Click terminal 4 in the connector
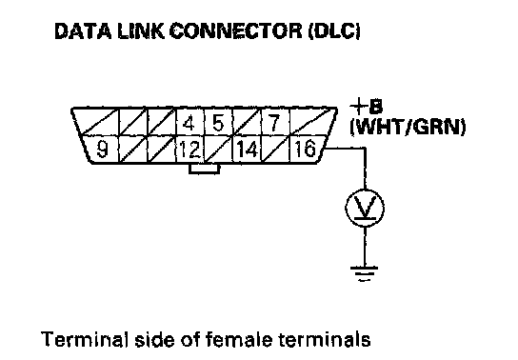point(189,122)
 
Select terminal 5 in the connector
point(218,122)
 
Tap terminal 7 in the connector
point(275,122)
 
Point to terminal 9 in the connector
point(102,149)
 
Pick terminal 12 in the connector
point(190,149)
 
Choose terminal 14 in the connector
point(248,149)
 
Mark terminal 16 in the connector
point(306,149)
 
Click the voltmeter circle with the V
point(365,208)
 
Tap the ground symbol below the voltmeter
point(365,273)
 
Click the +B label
point(367,107)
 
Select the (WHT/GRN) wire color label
point(408,128)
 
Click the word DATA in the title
point(83,31)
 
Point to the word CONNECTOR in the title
point(235,31)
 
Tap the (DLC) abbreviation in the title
point(334,31)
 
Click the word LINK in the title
point(140,31)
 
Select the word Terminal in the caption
point(84,339)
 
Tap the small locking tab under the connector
point(204,169)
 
